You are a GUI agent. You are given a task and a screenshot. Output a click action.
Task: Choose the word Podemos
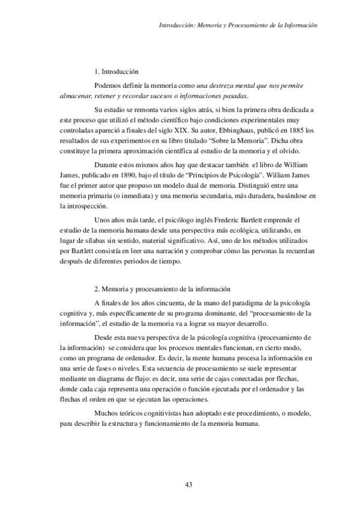[x=109, y=86]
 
